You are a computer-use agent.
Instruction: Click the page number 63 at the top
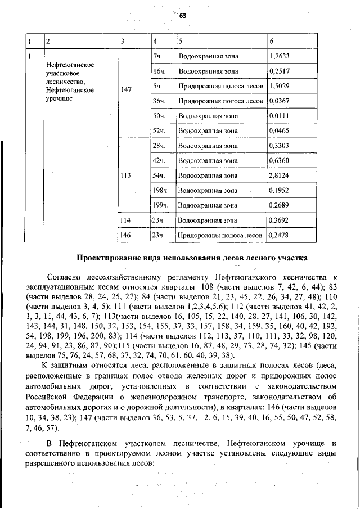pyautogui.click(x=182, y=16)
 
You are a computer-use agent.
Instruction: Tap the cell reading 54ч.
pyautogui.click(x=157, y=175)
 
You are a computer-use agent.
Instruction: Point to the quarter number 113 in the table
pyautogui.click(x=126, y=175)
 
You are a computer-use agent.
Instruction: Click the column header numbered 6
pyautogui.click(x=272, y=42)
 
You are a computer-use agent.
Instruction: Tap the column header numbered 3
pyautogui.click(x=123, y=42)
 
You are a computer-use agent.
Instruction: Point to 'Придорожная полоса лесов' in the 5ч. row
pyautogui.click(x=220, y=86)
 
